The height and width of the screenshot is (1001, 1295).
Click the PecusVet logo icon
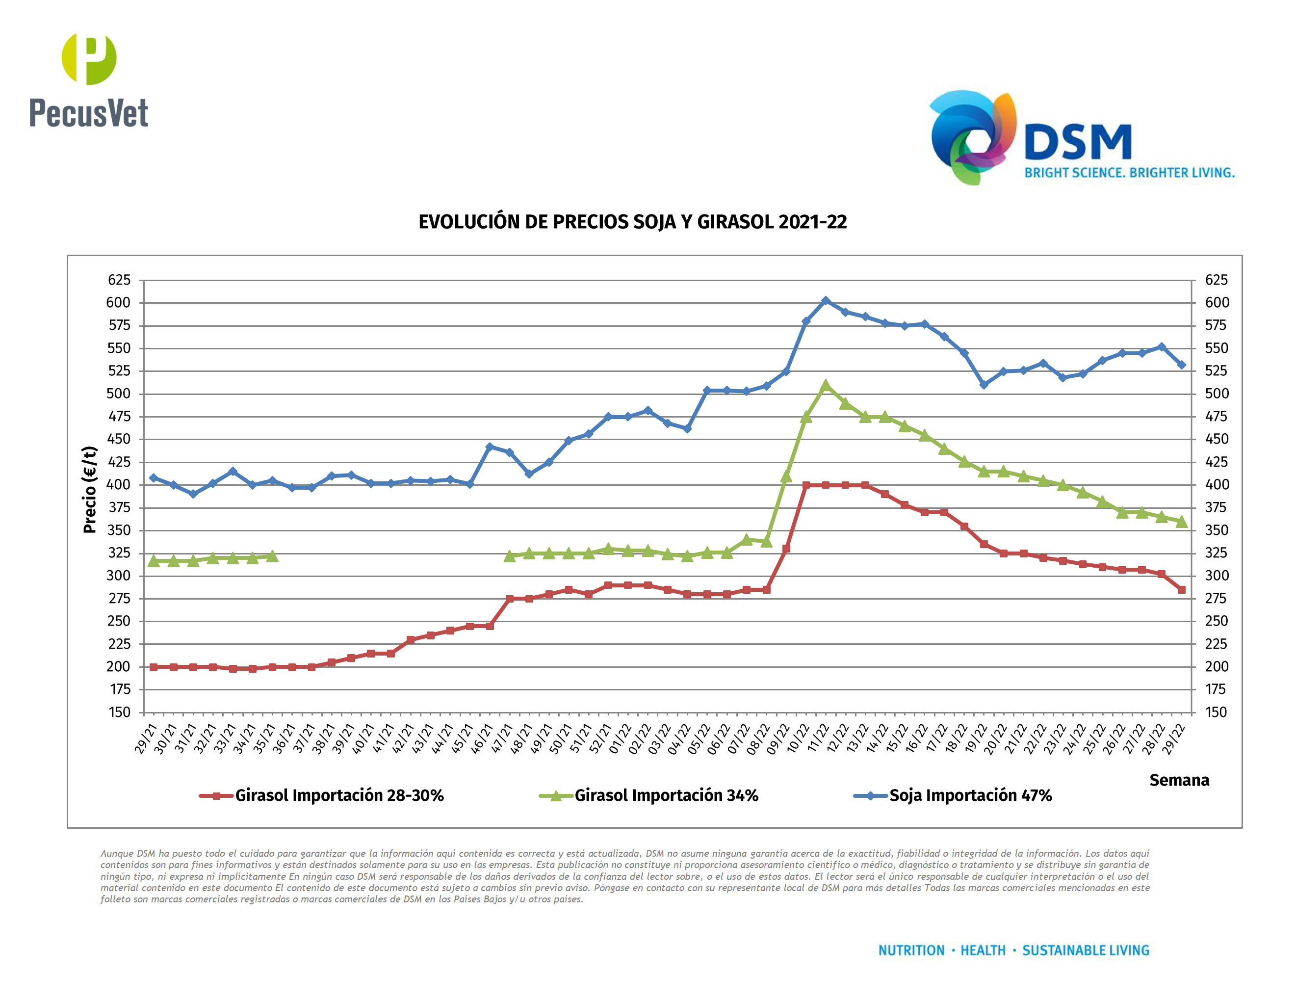click(89, 58)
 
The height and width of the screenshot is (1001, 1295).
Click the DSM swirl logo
click(972, 137)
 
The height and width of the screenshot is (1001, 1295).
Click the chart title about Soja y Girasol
click(632, 222)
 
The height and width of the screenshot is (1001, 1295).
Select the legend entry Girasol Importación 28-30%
click(338, 795)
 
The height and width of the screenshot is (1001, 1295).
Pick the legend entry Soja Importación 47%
click(970, 795)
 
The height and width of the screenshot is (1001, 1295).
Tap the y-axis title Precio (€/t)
click(90, 489)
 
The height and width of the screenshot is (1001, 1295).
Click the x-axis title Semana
click(1179, 780)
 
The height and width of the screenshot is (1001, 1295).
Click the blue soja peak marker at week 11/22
click(826, 301)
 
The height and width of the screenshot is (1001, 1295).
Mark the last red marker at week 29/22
click(1181, 589)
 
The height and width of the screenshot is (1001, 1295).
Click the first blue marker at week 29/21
click(154, 477)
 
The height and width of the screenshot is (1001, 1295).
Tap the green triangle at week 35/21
click(272, 555)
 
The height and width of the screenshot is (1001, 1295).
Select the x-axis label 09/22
click(777, 739)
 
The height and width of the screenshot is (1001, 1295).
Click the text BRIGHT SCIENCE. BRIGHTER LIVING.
click(1130, 173)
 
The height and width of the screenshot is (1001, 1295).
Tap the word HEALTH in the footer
click(983, 950)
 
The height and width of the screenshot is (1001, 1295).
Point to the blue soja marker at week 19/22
click(984, 385)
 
